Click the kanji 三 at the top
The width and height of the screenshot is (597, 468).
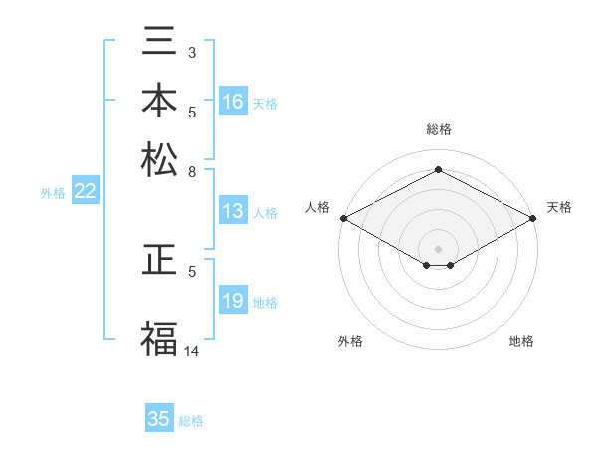(159, 45)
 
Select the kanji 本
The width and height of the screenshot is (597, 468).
(159, 103)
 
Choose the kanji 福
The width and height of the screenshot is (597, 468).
(159, 339)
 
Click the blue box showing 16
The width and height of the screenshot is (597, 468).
(233, 101)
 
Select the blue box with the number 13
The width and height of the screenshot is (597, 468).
(233, 211)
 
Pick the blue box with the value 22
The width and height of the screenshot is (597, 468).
(85, 192)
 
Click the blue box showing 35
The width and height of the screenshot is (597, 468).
(159, 419)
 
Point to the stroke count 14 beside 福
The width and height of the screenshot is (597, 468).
(193, 351)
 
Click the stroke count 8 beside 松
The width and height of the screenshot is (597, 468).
(193, 171)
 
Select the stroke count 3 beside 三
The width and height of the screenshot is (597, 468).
(193, 51)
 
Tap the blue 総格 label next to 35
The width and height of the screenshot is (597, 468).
(191, 421)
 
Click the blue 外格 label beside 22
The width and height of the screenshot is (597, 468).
(53, 193)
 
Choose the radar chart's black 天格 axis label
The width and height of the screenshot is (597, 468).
(559, 207)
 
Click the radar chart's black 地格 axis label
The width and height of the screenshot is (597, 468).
(521, 341)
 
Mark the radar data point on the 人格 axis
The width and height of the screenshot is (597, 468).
(343, 218)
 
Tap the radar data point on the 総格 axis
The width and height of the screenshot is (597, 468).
(438, 169)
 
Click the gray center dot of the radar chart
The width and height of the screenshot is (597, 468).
(438, 248)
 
